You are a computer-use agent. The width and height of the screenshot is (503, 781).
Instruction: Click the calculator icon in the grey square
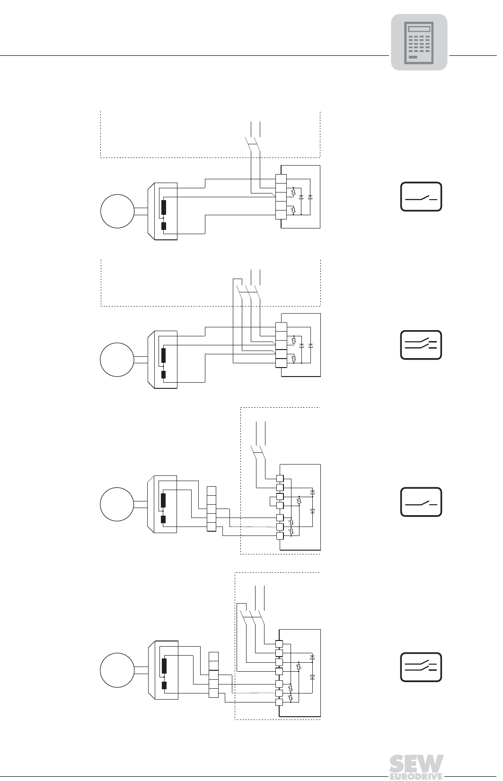(x=419, y=42)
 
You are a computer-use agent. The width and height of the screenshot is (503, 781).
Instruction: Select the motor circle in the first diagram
(x=117, y=211)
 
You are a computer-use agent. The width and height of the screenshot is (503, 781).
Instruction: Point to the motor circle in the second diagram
(x=117, y=360)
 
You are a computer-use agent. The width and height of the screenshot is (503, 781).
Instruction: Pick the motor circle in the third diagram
(x=117, y=504)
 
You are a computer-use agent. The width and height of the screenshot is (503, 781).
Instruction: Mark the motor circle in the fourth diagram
(x=117, y=670)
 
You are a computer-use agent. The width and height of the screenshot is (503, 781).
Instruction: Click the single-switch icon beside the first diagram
(x=421, y=197)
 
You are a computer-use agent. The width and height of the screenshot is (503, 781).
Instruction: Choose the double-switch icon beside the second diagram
(x=421, y=345)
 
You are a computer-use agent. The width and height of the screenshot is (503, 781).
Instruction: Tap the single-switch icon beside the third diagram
(x=421, y=502)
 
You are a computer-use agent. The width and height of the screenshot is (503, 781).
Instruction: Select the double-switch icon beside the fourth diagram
(x=421, y=667)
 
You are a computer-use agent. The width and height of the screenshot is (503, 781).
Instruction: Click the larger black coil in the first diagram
(x=164, y=207)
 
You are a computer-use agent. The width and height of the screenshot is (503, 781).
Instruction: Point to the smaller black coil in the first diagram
(x=164, y=226)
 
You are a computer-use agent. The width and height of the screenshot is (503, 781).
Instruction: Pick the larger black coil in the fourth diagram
(x=164, y=666)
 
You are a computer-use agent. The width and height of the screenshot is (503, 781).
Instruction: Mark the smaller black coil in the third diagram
(x=163, y=519)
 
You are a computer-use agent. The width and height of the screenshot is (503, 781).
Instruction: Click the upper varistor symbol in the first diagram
(x=293, y=192)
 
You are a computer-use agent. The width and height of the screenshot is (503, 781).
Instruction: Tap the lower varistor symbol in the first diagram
(x=293, y=210)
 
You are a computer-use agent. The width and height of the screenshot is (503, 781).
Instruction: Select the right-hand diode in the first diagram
(x=310, y=197)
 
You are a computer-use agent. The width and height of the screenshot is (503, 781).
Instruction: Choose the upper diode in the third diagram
(x=313, y=492)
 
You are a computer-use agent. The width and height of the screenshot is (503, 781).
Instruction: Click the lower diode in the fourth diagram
(x=313, y=677)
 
